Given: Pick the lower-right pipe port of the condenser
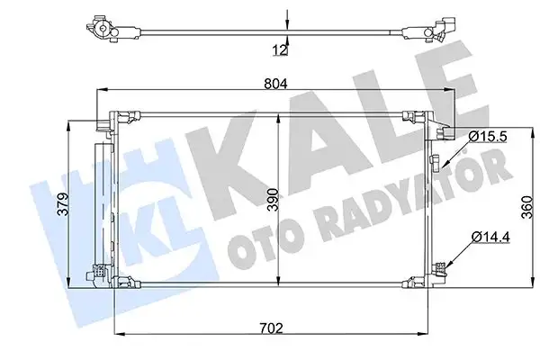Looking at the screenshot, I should click(x=440, y=267).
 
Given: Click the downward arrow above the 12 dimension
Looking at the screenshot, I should click(x=287, y=19).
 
